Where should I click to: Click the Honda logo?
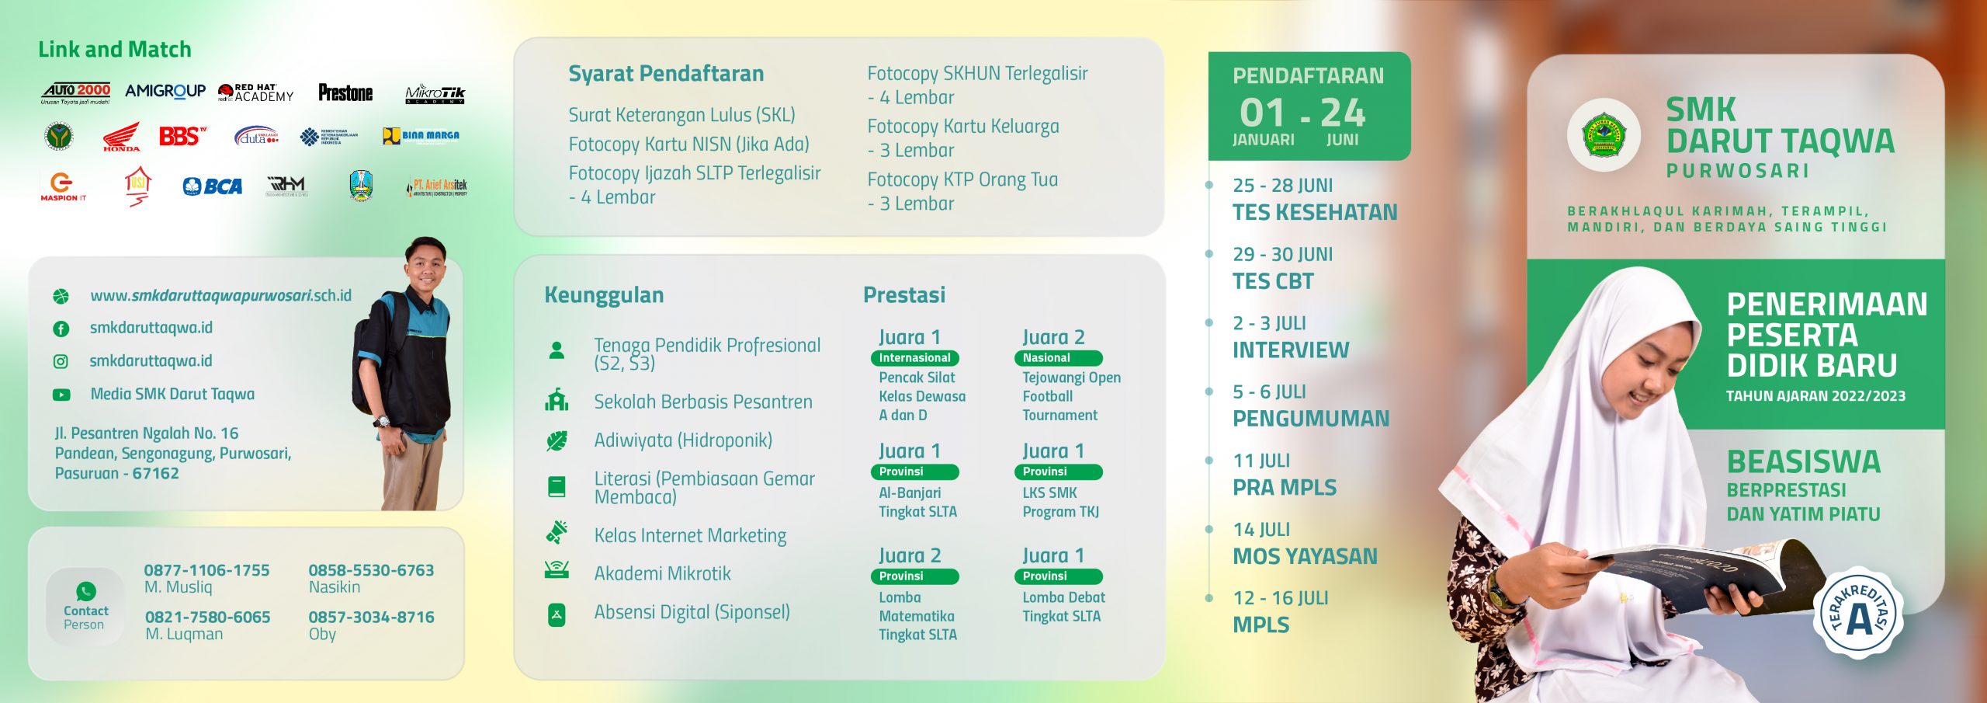[121, 137]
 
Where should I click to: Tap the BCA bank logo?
[213, 186]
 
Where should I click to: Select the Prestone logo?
[345, 93]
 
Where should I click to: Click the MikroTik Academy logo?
[435, 94]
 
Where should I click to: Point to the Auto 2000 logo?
[76, 93]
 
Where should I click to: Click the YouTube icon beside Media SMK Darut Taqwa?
[61, 395]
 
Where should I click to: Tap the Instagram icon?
[61, 361]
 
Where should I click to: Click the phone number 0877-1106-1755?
[206, 570]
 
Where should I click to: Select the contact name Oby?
[322, 634]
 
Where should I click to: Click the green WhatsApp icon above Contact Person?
[86, 591]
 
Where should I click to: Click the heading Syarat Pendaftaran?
[666, 74]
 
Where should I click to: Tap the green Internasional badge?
[914, 358]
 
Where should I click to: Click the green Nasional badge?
[1057, 358]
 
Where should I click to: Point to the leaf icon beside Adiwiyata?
[557, 441]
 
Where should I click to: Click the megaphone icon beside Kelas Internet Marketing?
[557, 533]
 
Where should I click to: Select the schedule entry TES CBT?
[1273, 281]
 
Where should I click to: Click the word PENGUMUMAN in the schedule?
[1311, 419]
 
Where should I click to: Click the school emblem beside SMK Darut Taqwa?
[1604, 135]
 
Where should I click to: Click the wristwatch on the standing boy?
[381, 422]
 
